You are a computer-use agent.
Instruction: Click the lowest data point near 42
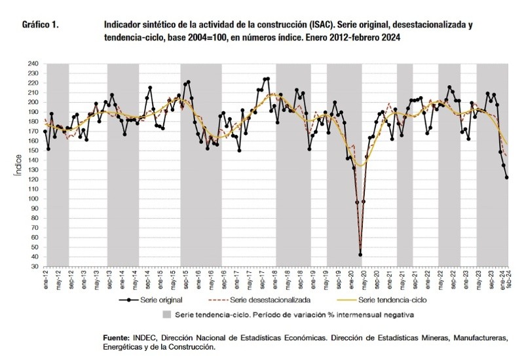(x=360, y=255)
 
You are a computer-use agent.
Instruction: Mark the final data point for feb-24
(x=507, y=177)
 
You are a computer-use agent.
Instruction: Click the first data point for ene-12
(x=45, y=132)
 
